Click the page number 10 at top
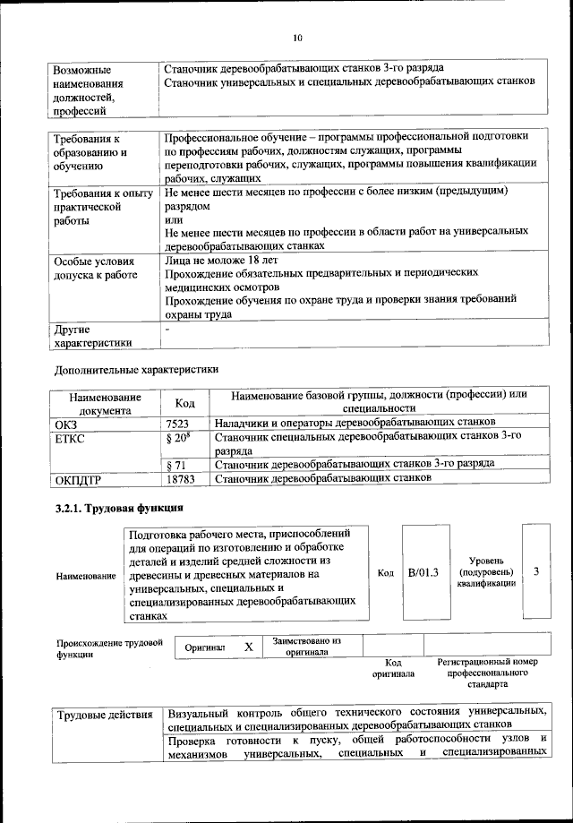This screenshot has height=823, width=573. click(x=297, y=37)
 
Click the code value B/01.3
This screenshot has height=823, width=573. click(x=422, y=570)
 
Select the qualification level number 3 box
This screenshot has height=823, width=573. click(x=535, y=570)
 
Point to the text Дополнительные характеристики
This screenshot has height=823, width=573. click(x=136, y=368)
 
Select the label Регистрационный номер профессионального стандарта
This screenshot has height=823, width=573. click(x=487, y=672)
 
